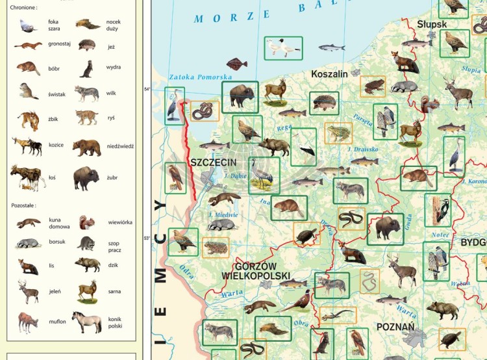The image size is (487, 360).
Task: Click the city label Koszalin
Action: coord(329,74)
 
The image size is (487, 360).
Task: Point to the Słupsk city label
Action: coord(432,24)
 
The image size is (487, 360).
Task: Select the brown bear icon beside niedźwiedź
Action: coord(86,148)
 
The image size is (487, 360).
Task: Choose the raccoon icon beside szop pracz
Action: coord(86,244)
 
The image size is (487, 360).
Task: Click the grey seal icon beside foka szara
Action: coord(28,25)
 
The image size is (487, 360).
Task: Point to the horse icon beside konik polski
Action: coord(86,321)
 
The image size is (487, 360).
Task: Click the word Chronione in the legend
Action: coord(24,8)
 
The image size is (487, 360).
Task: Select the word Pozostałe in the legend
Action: coord(23,205)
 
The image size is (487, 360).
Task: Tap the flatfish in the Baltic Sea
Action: coord(236,64)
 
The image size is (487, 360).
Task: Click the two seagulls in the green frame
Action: coord(283,47)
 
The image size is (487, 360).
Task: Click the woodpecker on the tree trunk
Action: coord(442,210)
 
